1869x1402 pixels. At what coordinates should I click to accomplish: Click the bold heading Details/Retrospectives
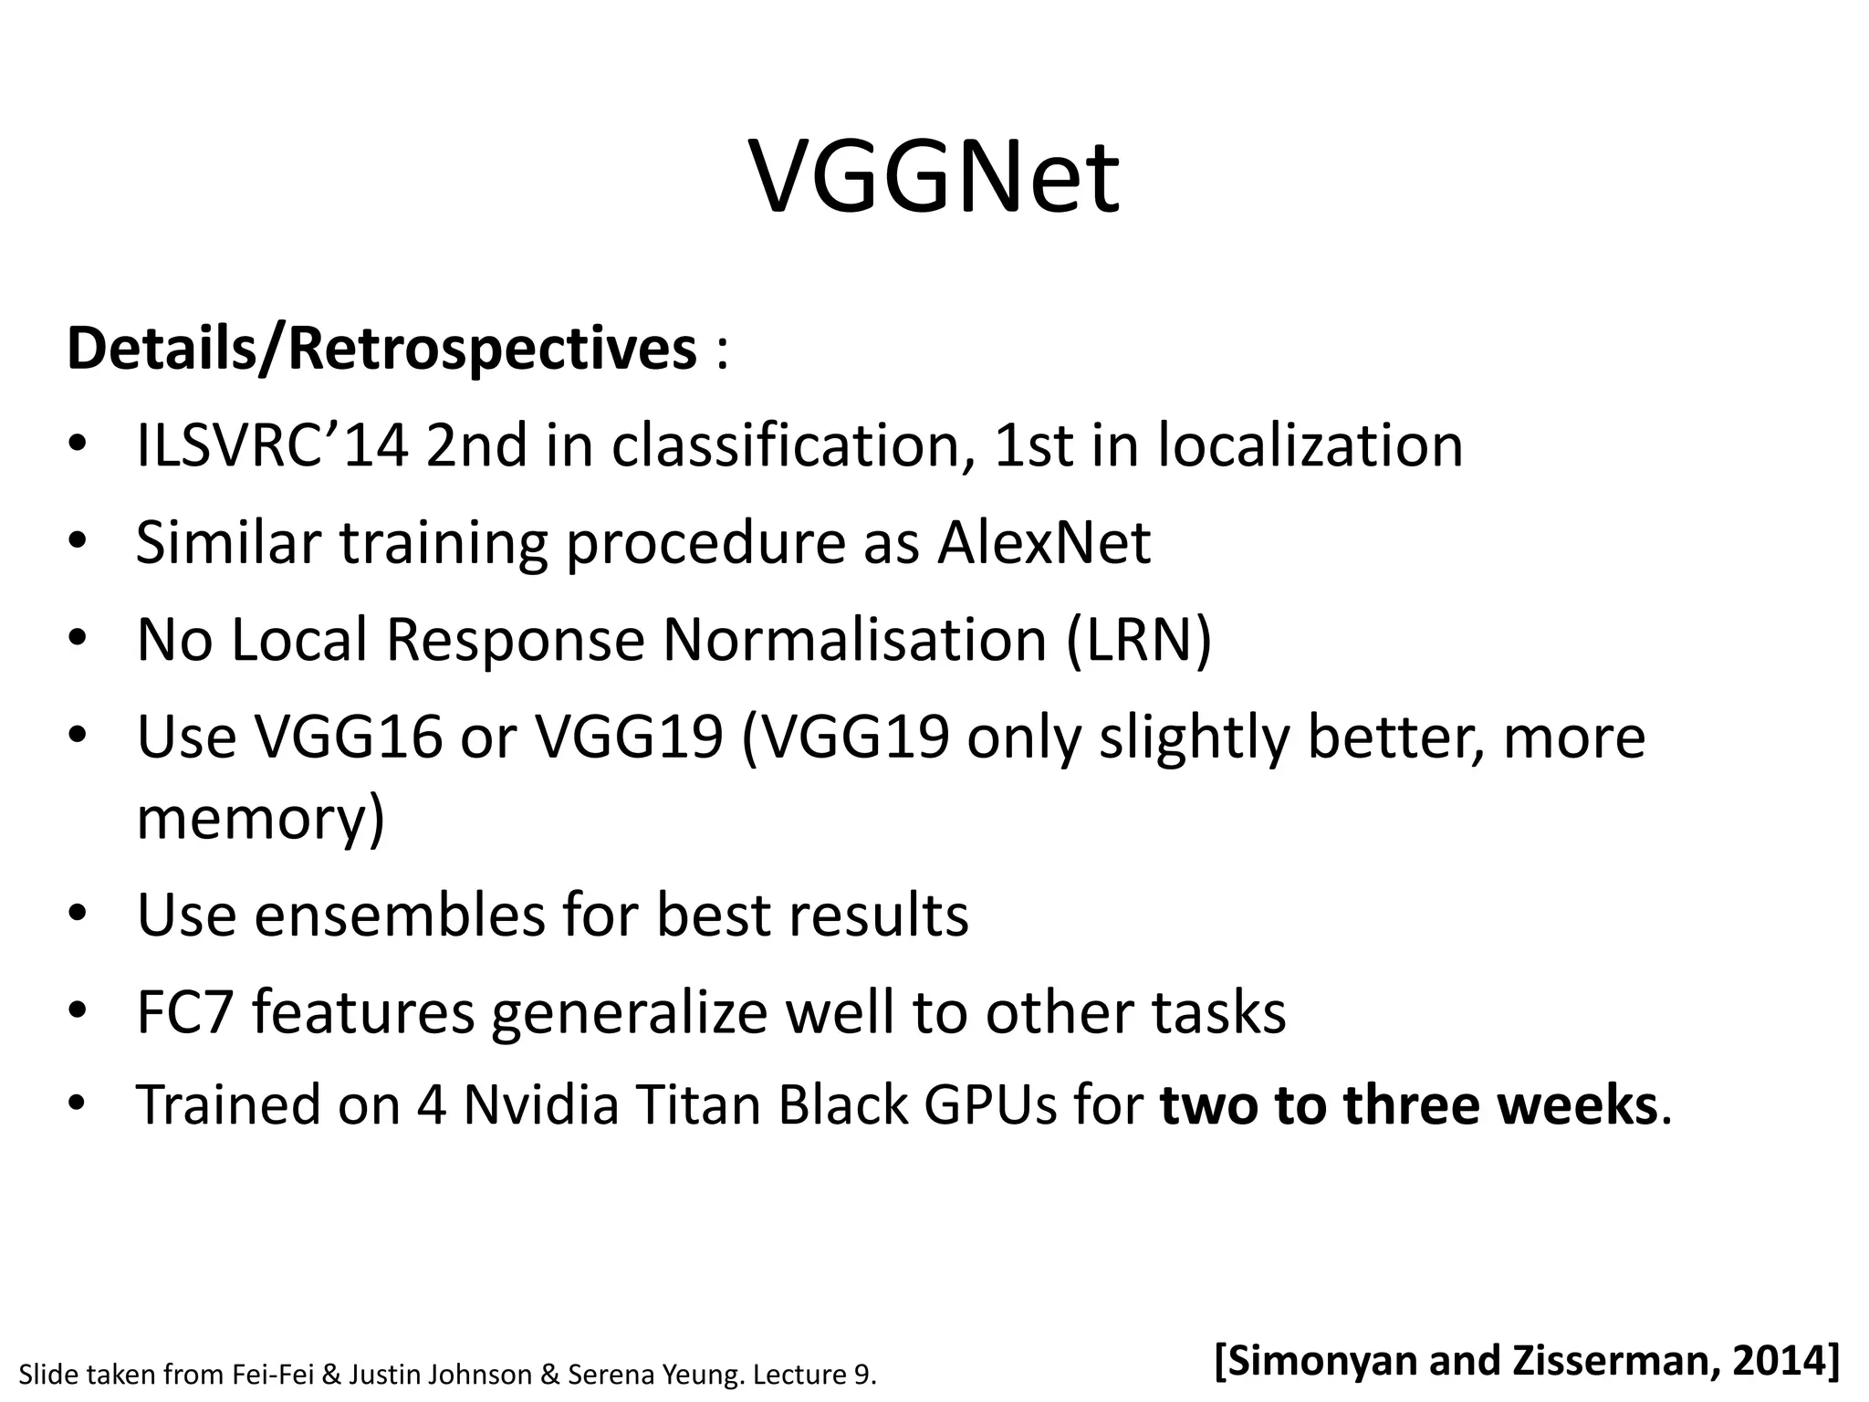pos(381,350)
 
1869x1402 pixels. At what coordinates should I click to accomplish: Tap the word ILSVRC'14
pos(272,446)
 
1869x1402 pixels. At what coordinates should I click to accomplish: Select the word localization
pos(1310,446)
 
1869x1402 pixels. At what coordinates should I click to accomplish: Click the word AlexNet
pos(1043,543)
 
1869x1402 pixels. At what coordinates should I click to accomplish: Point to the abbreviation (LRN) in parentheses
pos(1138,639)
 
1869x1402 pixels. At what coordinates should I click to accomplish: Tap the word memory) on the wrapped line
pos(260,819)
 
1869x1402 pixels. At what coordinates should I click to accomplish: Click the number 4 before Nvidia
pos(431,1105)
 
